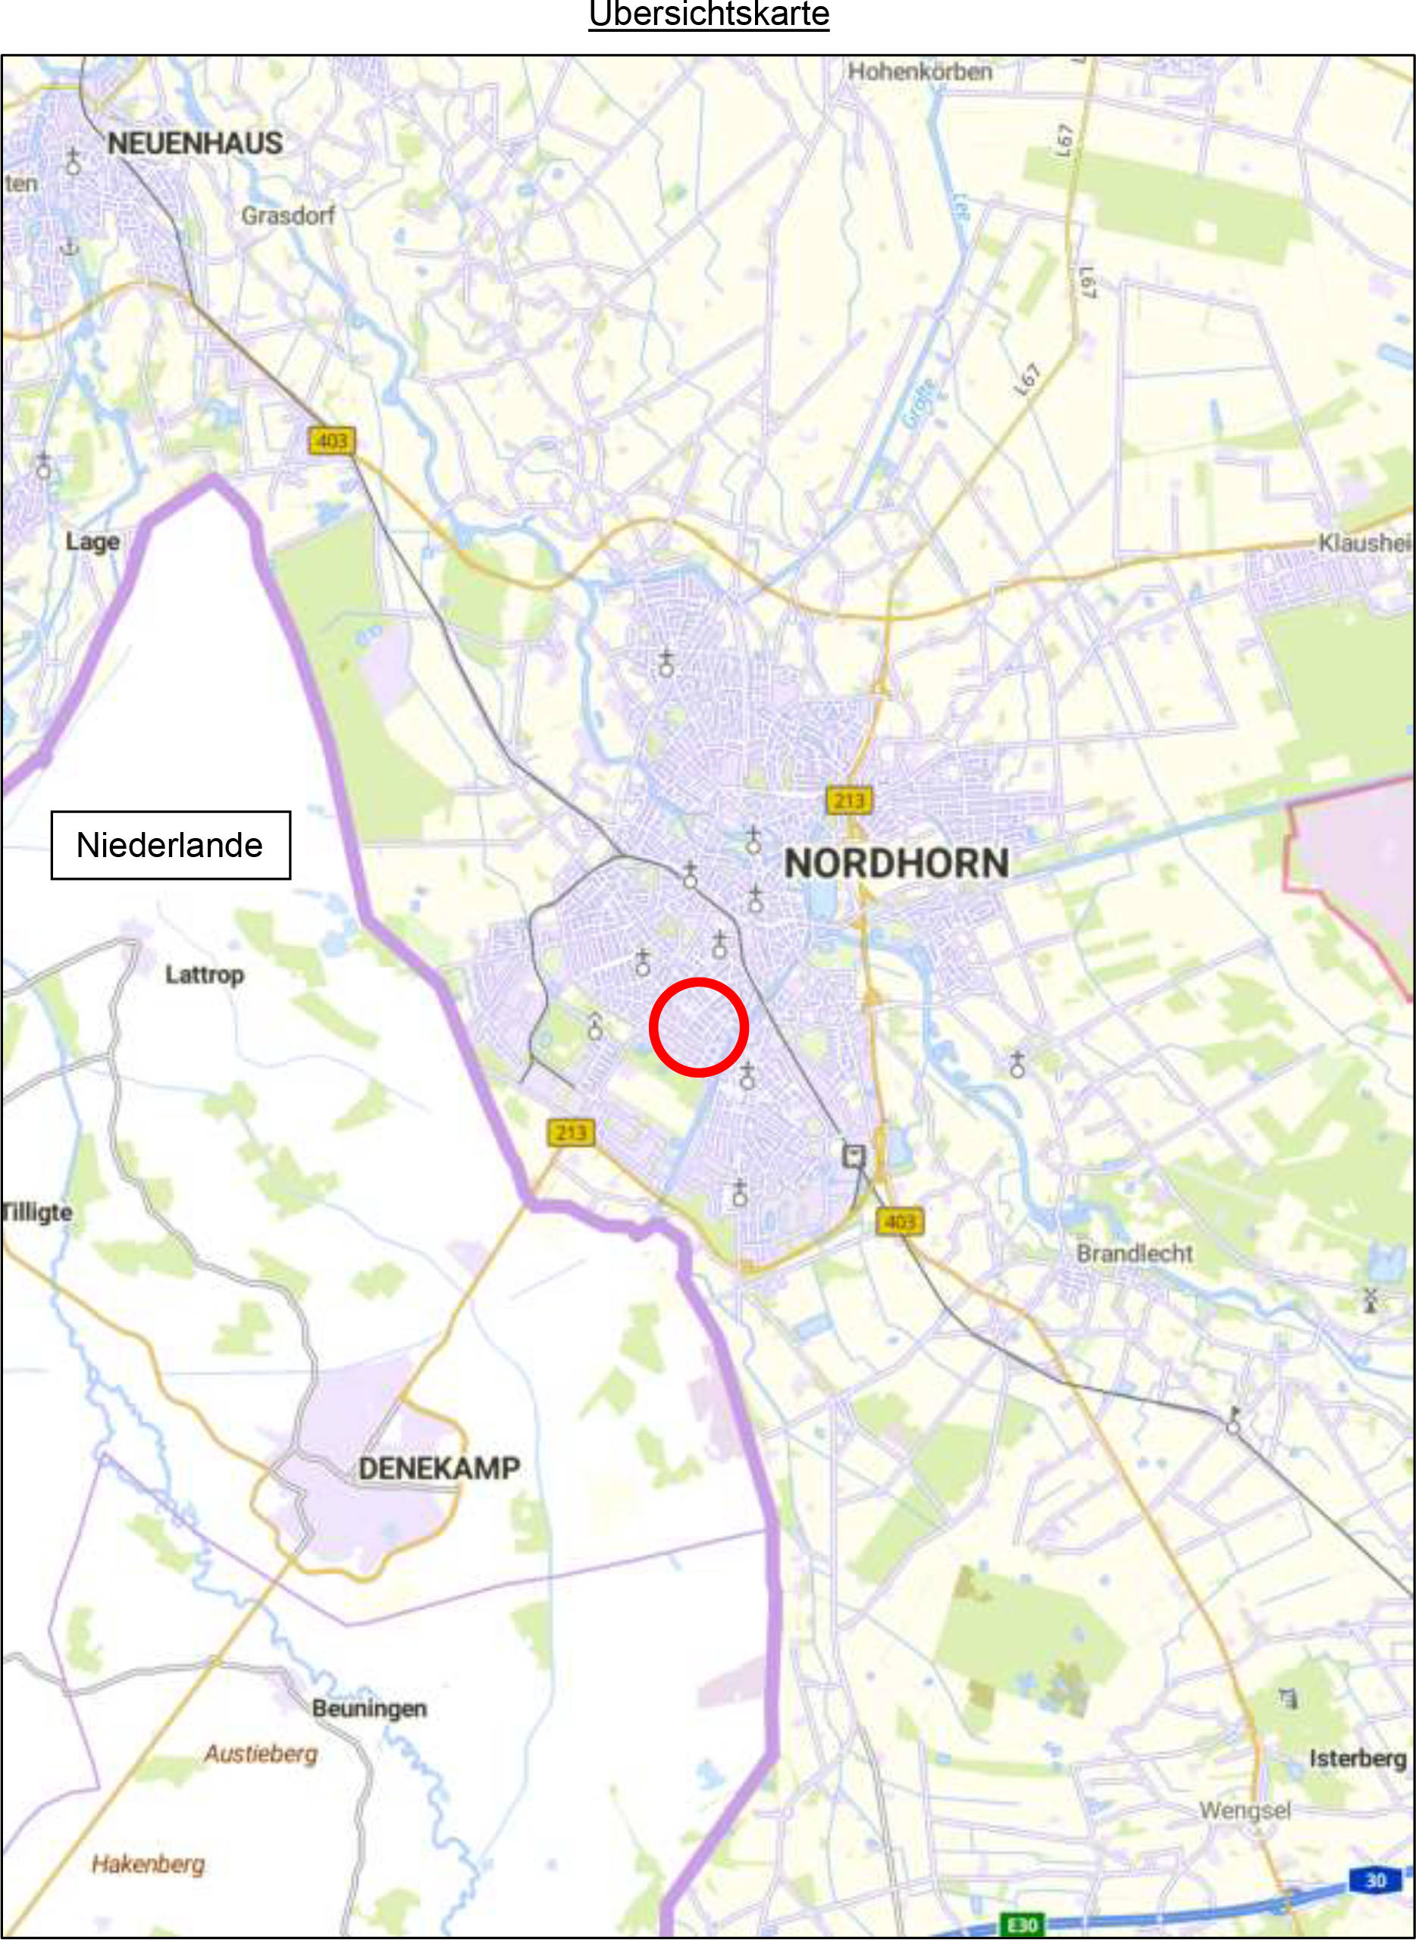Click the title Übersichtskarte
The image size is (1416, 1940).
coord(709,14)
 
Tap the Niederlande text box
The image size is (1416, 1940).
coord(171,845)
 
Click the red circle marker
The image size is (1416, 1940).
coord(699,1027)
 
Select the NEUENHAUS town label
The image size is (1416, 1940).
coord(195,143)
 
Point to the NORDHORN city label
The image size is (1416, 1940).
coord(897,863)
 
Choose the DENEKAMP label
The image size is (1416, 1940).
coord(439,1468)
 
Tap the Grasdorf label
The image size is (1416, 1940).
coord(288,215)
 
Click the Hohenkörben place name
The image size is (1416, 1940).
coord(919,71)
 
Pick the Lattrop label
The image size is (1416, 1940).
coord(205,975)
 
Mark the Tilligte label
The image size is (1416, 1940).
coord(38,1212)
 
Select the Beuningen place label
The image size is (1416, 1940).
coord(369,1708)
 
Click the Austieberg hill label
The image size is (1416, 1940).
coord(261,1754)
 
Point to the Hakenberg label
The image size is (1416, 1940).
coord(149,1863)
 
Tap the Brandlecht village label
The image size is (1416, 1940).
coord(1134,1253)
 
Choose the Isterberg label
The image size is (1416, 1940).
coord(1357,1758)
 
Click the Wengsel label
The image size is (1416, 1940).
coord(1245,1810)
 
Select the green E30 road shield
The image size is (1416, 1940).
coord(1023,1925)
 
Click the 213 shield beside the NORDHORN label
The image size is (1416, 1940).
coord(848,800)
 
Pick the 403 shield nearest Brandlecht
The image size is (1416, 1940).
coord(899,1221)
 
